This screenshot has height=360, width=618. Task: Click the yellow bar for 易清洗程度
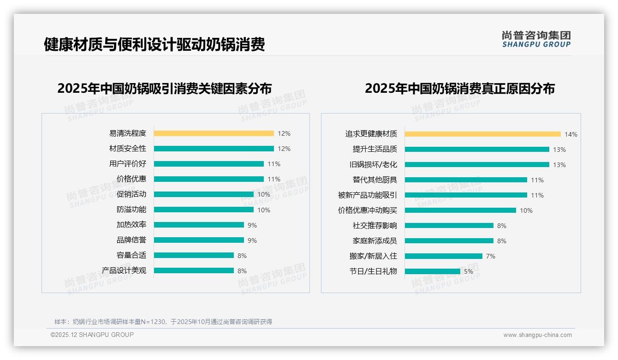(214, 133)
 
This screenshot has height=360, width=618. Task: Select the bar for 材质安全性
(214, 149)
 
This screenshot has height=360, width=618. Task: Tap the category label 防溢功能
(131, 210)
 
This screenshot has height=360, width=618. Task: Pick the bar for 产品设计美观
(194, 270)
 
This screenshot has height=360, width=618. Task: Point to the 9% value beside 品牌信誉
(252, 240)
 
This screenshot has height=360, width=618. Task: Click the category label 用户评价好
(127, 164)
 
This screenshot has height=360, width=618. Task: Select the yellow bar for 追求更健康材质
(482, 134)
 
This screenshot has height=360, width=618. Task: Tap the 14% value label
(570, 134)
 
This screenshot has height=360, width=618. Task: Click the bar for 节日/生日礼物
(432, 271)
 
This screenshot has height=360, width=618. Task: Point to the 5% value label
(468, 271)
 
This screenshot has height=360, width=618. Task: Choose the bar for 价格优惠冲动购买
(460, 210)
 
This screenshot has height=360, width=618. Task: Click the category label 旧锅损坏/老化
(373, 164)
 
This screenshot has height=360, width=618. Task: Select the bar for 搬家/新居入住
(443, 256)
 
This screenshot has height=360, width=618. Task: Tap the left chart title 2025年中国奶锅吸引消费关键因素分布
(164, 88)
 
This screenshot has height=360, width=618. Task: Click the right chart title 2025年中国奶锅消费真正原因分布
(459, 88)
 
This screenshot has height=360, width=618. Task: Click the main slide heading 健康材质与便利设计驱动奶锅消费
(154, 44)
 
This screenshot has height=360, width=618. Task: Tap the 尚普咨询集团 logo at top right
(536, 39)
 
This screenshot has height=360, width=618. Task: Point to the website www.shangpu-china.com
(537, 335)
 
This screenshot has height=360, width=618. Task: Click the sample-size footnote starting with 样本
(163, 322)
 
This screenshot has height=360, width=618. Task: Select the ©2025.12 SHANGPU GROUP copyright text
(92, 335)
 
